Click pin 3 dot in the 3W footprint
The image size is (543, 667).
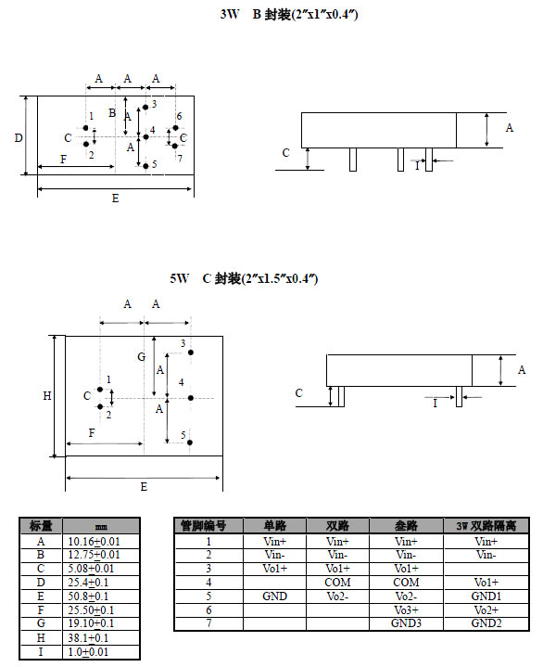[x=145, y=108]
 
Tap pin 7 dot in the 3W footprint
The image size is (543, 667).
[x=174, y=146]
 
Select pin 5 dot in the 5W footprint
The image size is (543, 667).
[x=190, y=443]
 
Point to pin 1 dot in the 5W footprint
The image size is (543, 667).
[x=100, y=390]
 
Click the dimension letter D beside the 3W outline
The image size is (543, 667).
[x=19, y=138]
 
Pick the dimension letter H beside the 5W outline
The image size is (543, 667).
[x=47, y=396]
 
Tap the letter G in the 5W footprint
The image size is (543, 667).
[x=142, y=357]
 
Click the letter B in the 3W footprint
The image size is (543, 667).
[x=112, y=113]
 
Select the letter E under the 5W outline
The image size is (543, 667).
[x=144, y=487]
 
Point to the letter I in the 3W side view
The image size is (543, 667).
[x=417, y=166]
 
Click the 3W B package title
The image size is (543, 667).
[x=289, y=15]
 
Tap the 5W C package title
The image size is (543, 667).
[x=244, y=278]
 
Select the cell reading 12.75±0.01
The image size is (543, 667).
[x=94, y=555]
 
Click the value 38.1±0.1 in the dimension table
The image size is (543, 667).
[x=88, y=637]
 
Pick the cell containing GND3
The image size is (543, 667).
[x=406, y=623]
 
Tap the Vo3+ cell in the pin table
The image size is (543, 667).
[x=406, y=610]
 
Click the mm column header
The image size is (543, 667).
[x=101, y=527]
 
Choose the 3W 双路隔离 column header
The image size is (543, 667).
[x=486, y=526]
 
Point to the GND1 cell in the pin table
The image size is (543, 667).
[x=486, y=596]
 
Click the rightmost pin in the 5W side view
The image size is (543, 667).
[x=459, y=396]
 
